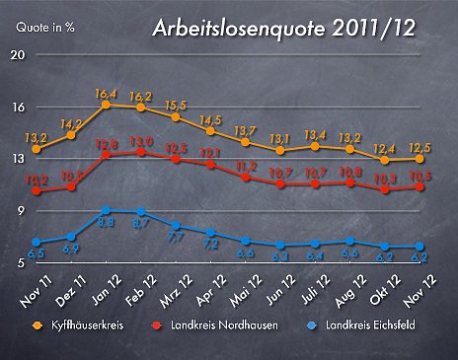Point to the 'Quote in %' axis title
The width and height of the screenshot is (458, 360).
(x=44, y=28)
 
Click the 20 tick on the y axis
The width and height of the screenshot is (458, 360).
(x=17, y=54)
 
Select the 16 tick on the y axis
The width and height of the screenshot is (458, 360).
(x=17, y=107)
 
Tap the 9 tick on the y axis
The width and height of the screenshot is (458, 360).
(x=20, y=211)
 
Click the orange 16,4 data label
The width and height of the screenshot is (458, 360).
(x=107, y=94)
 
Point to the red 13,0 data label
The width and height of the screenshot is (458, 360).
(x=141, y=142)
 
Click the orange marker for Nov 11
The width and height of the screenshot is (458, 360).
(x=37, y=149)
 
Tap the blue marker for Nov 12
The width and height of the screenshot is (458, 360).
(x=420, y=247)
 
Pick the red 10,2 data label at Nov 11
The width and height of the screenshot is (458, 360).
(x=36, y=179)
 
